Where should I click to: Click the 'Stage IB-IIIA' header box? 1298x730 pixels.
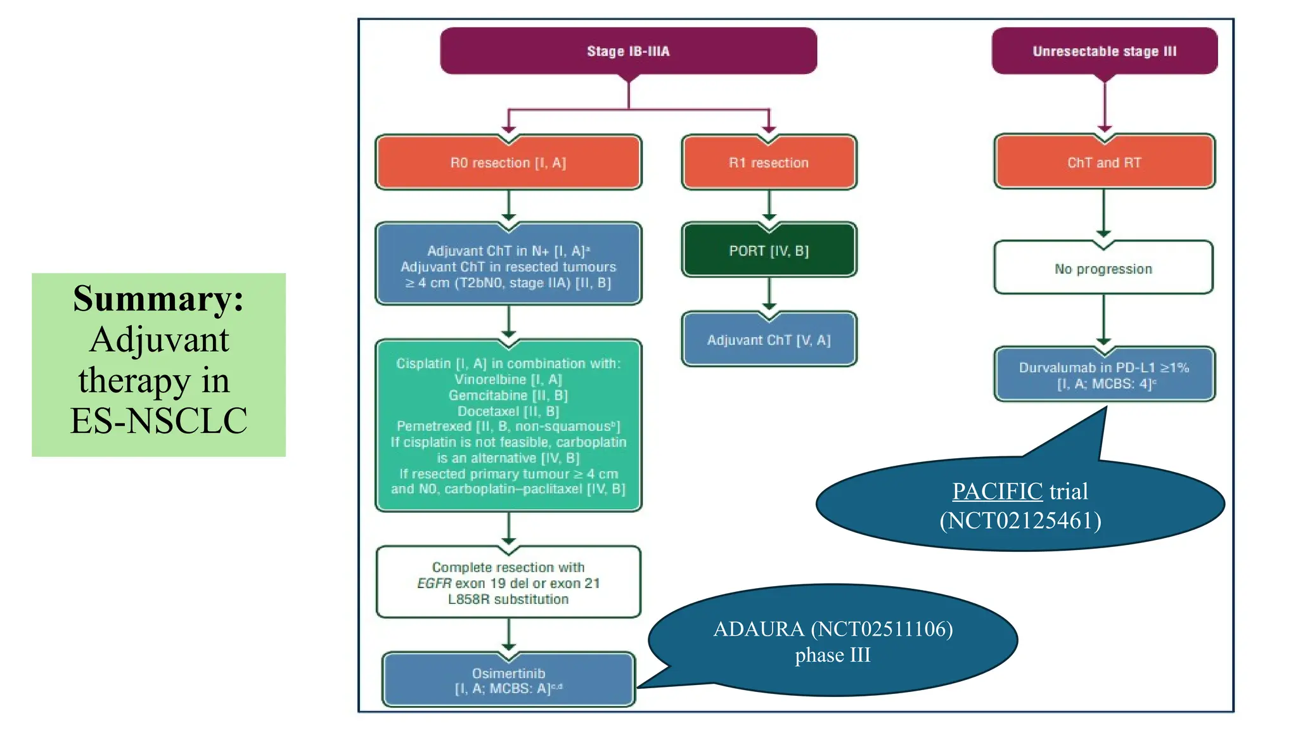click(628, 51)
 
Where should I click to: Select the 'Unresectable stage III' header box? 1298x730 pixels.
click(1104, 51)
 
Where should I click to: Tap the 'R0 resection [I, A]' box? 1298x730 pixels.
click(508, 163)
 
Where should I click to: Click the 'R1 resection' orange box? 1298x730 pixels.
click(769, 163)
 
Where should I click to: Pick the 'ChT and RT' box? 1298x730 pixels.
click(1104, 163)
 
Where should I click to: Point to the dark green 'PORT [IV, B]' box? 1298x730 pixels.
click(769, 251)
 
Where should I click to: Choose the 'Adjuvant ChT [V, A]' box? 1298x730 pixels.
click(769, 340)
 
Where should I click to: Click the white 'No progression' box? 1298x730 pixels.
click(1103, 269)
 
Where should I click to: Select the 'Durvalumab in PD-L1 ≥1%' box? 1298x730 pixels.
click(1104, 375)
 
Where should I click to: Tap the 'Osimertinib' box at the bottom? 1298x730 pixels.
click(508, 681)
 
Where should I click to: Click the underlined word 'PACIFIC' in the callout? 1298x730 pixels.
click(997, 491)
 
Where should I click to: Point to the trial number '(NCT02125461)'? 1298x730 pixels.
click(1020, 520)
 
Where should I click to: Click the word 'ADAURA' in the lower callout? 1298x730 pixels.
click(758, 629)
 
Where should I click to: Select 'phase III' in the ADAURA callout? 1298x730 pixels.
click(833, 655)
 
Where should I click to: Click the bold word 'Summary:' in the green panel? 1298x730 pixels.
click(158, 298)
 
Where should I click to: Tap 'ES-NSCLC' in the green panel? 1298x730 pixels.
click(158, 420)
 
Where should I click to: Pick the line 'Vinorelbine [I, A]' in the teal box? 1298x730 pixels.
click(508, 380)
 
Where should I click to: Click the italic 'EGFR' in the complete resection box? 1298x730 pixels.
click(434, 583)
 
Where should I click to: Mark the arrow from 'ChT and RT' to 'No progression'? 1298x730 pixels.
click(1103, 213)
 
